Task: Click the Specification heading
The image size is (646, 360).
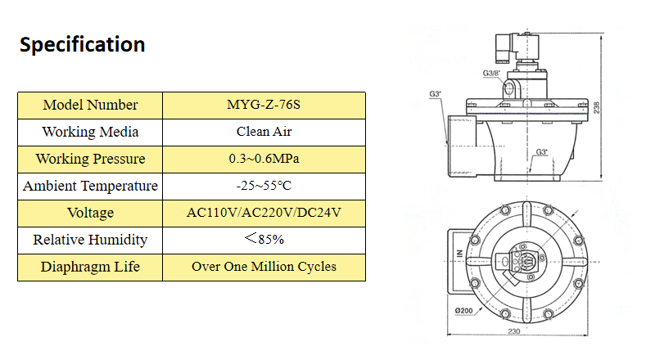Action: coord(82,44)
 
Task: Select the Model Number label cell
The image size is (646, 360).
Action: coord(90,105)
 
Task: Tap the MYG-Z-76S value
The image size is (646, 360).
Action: coord(264,105)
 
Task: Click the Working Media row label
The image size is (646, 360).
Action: coord(90,132)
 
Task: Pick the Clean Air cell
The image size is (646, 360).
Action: coord(264,132)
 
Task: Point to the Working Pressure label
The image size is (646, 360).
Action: coord(90,159)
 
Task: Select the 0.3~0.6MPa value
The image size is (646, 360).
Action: coord(264,159)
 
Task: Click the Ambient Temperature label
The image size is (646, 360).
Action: coord(90,186)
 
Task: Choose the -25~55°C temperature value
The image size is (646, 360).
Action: coord(264,186)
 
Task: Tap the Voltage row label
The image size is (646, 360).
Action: coord(90,213)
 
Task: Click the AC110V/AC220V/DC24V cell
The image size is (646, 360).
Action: coord(264,213)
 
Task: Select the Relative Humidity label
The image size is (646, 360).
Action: coord(90,240)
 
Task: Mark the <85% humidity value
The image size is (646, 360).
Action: coord(264,240)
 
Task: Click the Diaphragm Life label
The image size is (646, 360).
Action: coord(90,267)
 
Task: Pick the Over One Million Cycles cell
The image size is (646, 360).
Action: coord(264,267)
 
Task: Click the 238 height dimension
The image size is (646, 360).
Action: coord(597,107)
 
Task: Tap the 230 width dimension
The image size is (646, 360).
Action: coord(513,332)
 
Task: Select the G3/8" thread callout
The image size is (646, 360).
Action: coord(491,74)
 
